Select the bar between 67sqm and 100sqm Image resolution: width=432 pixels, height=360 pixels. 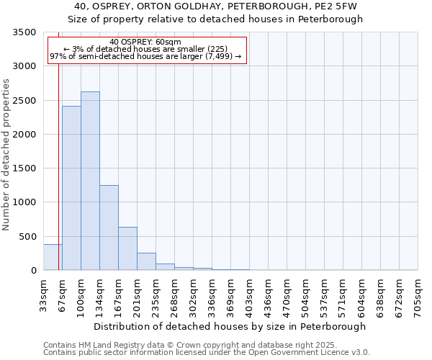(71, 188)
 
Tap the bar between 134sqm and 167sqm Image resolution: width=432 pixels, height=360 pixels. (109, 228)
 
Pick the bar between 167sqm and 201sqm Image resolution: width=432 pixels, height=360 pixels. (127, 248)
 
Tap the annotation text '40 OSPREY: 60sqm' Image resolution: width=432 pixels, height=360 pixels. (145, 42)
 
